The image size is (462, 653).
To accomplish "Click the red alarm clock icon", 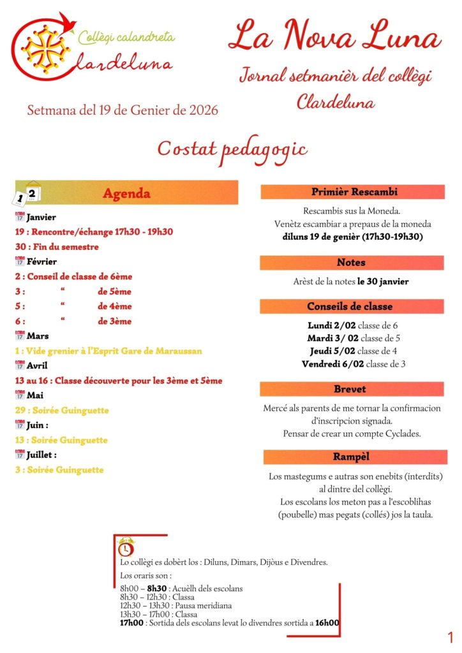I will click(x=126, y=548).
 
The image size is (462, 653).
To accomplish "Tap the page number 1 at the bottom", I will click(x=451, y=637).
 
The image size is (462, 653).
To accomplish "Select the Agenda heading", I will click(x=126, y=193).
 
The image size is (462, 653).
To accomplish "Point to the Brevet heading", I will click(x=351, y=389).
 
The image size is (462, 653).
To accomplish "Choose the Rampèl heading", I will click(x=351, y=457).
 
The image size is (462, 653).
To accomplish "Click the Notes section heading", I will click(x=351, y=262).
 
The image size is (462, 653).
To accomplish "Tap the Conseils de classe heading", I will click(x=351, y=307).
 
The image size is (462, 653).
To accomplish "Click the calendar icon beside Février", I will click(x=19, y=261).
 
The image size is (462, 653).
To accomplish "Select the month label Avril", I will click(x=38, y=365).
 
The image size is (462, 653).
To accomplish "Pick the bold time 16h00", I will click(x=327, y=624).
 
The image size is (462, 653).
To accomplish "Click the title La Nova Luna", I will click(x=334, y=36).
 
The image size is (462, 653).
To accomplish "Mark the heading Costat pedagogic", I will click(x=232, y=149).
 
